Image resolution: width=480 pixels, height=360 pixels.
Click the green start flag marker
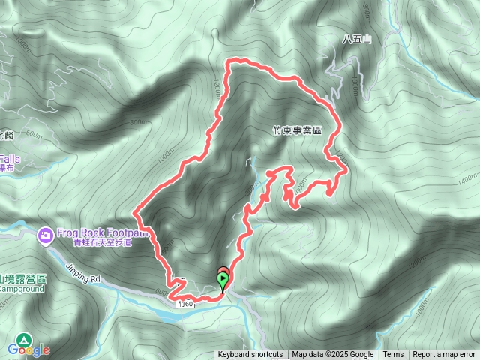223,281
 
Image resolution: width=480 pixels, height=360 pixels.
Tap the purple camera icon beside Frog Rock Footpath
46,235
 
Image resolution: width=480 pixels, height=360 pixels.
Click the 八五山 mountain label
356,40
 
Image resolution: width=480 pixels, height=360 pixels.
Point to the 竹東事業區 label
297,130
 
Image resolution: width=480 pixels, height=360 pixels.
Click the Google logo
28,349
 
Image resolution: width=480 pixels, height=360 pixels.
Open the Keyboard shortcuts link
250,355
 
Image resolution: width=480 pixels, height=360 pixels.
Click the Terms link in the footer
393,355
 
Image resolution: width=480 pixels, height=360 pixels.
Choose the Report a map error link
445,355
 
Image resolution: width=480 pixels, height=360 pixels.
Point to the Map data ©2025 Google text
332,355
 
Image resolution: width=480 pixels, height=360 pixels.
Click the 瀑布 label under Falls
8,169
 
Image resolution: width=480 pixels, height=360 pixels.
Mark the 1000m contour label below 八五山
354,84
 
